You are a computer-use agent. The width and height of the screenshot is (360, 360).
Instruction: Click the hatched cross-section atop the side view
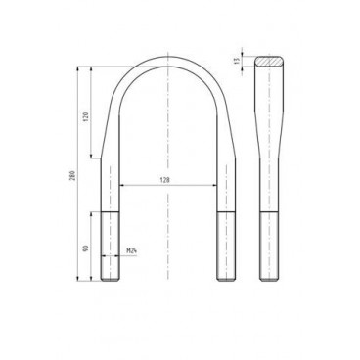point(270,61)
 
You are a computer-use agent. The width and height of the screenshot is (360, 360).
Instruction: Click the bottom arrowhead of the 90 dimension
point(91,281)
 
